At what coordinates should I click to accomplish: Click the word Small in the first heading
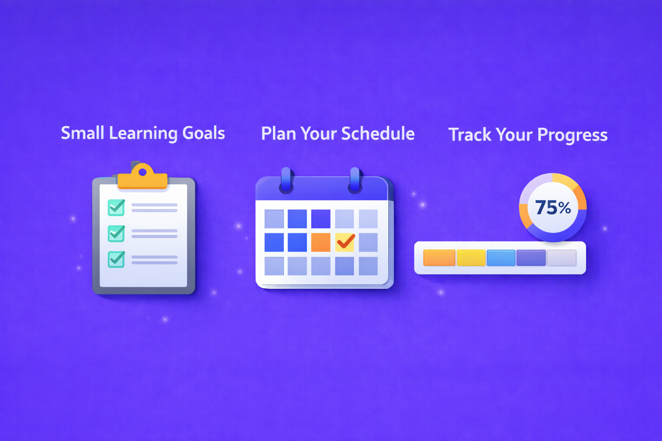[x=82, y=133]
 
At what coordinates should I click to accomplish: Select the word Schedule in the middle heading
[x=378, y=134]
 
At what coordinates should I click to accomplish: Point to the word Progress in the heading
[x=572, y=135]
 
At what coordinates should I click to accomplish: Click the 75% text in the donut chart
[x=553, y=208]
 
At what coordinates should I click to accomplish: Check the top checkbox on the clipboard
[x=116, y=208]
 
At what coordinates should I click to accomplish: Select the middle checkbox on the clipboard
[x=116, y=233]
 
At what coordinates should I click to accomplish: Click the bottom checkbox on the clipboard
[x=116, y=259]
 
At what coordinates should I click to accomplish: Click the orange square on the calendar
[x=321, y=242]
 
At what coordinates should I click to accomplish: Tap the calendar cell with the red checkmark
[x=345, y=242]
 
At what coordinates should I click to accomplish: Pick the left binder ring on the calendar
[x=286, y=180]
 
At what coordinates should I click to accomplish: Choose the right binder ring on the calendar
[x=355, y=180]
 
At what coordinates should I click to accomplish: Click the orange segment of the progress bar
[x=439, y=258]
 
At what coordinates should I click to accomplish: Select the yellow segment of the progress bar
[x=471, y=258]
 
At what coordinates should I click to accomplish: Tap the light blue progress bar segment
[x=501, y=258]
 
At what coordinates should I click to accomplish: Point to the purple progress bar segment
[x=531, y=258]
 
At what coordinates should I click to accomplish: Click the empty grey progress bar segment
[x=561, y=258]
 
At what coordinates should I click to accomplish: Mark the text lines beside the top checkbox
[x=154, y=208]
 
